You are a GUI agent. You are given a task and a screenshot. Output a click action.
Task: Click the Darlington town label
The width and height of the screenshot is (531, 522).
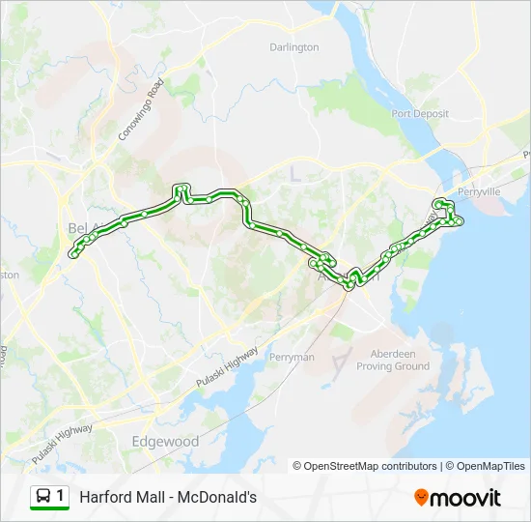[x=294, y=46]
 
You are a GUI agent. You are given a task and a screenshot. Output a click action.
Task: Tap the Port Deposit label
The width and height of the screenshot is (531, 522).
[x=420, y=113]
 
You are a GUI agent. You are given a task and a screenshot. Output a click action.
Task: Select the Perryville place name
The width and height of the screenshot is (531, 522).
[x=479, y=191]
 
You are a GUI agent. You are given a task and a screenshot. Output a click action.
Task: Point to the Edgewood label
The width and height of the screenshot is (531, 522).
[x=164, y=442]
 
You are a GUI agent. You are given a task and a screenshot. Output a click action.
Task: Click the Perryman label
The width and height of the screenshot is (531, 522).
[x=292, y=357]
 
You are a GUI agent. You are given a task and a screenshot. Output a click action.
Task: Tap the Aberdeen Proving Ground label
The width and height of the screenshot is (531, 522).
[x=393, y=360]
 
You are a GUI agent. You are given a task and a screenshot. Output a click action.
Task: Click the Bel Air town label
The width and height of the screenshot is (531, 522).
[x=80, y=227]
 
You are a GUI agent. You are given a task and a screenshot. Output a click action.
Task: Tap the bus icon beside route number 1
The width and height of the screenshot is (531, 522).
[x=43, y=497]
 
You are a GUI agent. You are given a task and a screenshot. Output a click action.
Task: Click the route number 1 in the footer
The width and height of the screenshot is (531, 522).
[x=60, y=496]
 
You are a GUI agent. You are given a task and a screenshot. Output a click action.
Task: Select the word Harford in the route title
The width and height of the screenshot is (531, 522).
[x=104, y=497]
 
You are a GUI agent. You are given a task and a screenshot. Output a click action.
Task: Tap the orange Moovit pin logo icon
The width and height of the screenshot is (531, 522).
[x=421, y=497]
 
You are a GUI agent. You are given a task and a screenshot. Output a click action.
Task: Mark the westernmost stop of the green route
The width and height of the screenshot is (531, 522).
[x=73, y=255]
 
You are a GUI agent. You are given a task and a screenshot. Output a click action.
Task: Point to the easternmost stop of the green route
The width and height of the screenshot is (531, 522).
[x=461, y=221]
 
